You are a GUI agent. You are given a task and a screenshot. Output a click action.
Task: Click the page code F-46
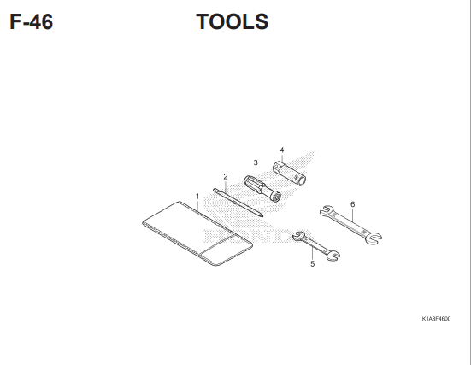[32, 21]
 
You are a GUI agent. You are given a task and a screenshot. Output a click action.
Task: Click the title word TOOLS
[233, 21]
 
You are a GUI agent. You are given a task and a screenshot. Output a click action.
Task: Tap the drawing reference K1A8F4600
[436, 319]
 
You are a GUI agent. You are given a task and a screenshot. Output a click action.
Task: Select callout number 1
[197, 196]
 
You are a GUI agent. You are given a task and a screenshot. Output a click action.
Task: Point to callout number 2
[226, 177]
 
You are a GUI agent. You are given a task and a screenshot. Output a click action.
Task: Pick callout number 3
[256, 162]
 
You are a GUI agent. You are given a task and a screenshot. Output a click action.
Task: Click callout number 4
[282, 150]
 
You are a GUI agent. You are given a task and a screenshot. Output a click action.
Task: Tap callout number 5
[313, 264]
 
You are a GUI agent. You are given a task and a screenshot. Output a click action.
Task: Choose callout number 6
[353, 204]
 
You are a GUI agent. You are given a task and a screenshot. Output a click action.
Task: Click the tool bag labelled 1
[197, 233]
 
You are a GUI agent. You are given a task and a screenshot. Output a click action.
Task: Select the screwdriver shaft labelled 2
[238, 203]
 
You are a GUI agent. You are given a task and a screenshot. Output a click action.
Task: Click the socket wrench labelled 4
[289, 174]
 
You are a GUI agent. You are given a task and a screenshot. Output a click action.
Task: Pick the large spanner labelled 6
[350, 225]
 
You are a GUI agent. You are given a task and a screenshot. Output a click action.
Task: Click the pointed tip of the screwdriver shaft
[262, 215]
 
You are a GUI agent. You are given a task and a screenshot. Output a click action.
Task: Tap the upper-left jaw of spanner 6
[327, 210]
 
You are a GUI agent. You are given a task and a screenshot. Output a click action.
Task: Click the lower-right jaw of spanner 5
[333, 256]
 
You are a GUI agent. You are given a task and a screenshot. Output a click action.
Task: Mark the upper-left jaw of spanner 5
[299, 236]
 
